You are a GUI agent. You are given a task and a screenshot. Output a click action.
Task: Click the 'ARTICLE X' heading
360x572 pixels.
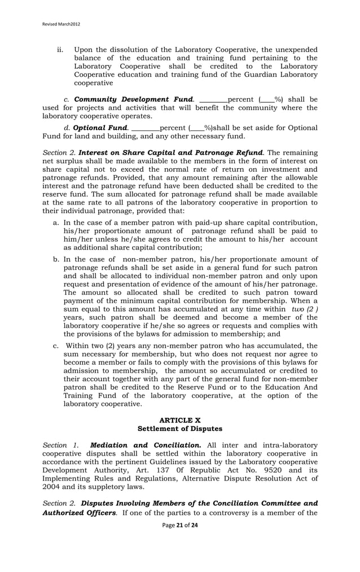(x=180, y=420)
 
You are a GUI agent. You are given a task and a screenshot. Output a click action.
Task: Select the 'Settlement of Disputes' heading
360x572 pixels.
(x=180, y=429)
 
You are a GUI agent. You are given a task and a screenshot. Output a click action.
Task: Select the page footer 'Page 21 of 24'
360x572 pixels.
(x=180, y=525)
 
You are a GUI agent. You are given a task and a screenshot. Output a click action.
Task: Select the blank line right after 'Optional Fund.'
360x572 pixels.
(x=146, y=129)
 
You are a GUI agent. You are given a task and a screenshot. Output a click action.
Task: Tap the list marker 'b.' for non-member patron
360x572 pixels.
(x=56, y=259)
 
